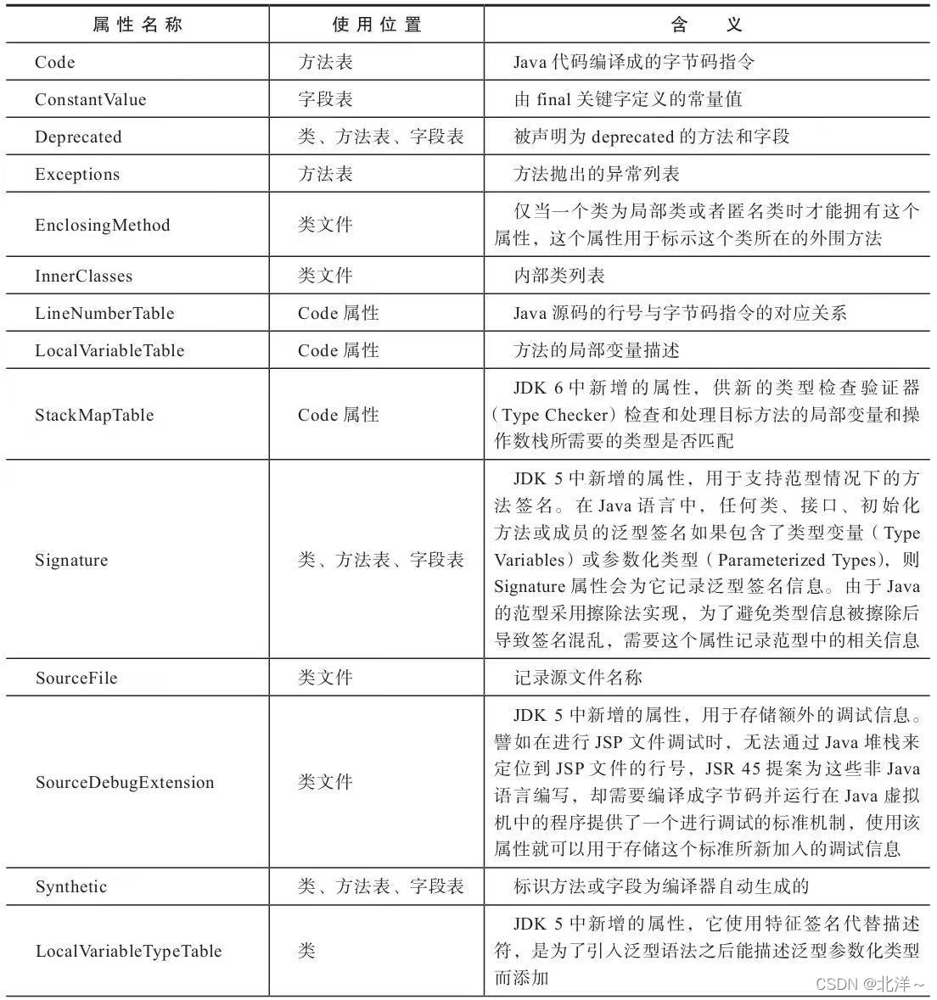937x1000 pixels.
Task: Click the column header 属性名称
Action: [137, 25]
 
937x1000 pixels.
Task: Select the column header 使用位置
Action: [376, 25]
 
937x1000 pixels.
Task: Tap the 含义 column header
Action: [706, 25]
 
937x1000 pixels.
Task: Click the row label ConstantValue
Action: [90, 100]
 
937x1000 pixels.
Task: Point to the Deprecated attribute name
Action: [78, 137]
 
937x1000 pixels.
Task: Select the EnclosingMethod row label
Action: [102, 226]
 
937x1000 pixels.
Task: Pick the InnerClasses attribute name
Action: [83, 277]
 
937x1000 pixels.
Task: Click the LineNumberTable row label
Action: [104, 314]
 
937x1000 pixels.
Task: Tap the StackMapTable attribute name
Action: [94, 416]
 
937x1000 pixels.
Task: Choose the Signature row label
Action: [71, 561]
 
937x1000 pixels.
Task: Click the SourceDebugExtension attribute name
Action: [125, 783]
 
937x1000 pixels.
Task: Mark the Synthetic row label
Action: [71, 887]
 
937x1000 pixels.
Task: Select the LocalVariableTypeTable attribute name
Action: [128, 952]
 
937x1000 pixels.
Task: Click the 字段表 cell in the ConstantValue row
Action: [325, 100]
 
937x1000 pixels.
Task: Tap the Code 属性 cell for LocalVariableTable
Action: [338, 351]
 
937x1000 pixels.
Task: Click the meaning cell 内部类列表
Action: [559, 277]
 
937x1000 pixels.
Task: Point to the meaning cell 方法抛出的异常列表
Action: [597, 175]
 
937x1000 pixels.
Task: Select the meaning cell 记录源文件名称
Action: [578, 679]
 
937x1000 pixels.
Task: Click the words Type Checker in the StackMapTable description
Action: [556, 416]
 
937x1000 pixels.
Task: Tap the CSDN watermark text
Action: [869, 984]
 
